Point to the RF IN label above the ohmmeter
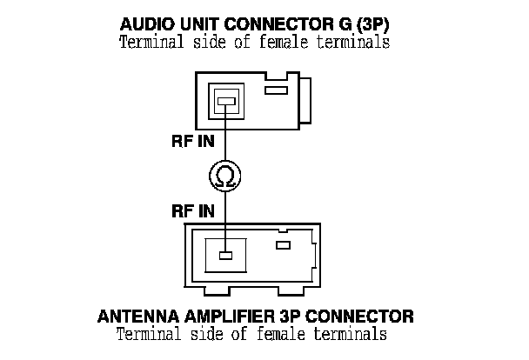point(193,143)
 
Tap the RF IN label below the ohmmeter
point(193,211)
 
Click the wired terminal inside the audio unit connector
point(225,103)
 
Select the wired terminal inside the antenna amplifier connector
point(225,256)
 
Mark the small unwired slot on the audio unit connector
point(276,90)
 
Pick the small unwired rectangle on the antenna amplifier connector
point(283,246)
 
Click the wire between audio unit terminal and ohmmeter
point(225,135)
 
